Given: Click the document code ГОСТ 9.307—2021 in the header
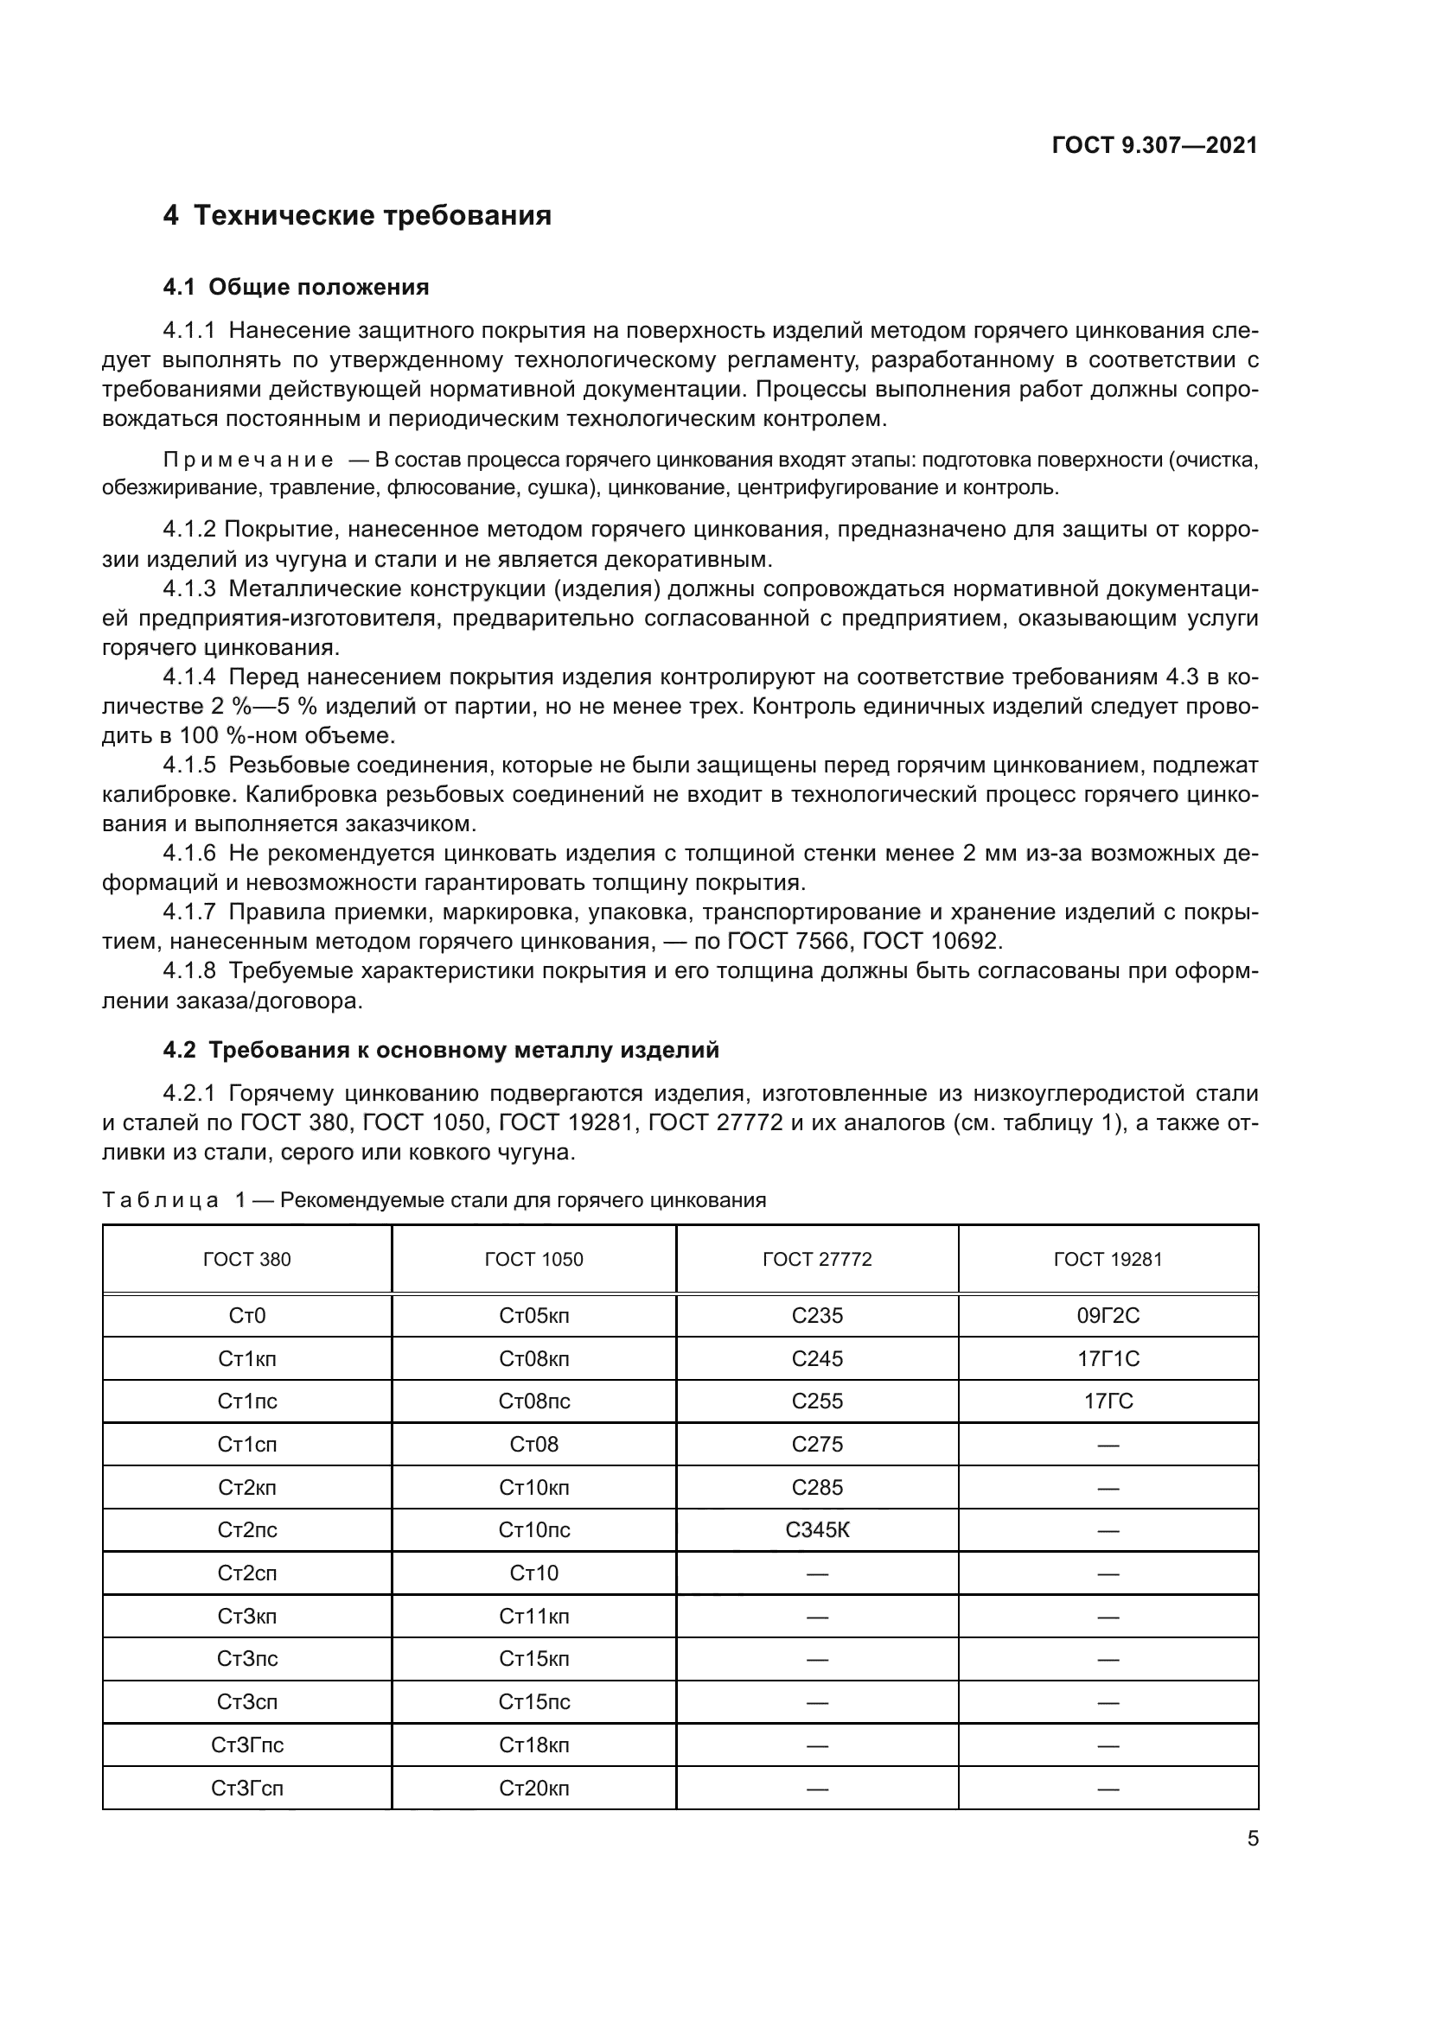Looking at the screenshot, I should [x=1154, y=145].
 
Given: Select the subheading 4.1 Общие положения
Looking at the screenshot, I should [x=296, y=287].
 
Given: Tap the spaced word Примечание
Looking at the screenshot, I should [x=247, y=460].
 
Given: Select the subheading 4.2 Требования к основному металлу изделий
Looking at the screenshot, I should [x=440, y=1050].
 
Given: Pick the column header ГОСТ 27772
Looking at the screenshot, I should [x=816, y=1260].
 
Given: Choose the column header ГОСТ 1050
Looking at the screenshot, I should [x=533, y=1260].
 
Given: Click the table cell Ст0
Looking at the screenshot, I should [x=246, y=1316].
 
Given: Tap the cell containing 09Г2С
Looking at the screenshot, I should [x=1108, y=1316].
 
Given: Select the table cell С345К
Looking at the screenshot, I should [x=816, y=1531].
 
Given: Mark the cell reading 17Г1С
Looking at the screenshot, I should [x=1108, y=1359].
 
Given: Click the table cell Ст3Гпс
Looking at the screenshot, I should [x=246, y=1745].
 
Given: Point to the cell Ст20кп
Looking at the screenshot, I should [x=533, y=1788].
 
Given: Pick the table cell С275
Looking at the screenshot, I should [x=816, y=1445].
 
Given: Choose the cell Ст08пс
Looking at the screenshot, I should [x=533, y=1401].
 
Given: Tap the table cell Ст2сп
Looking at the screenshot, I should [x=246, y=1573].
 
